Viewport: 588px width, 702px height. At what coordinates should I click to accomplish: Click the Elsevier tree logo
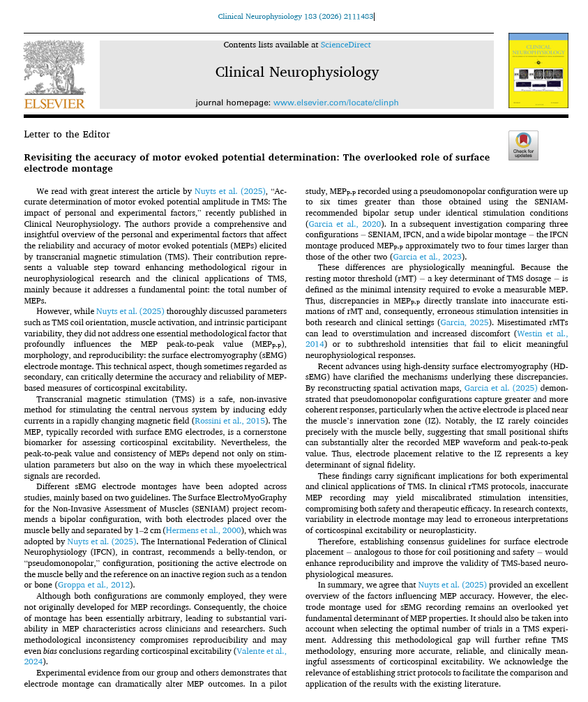pyautogui.click(x=54, y=68)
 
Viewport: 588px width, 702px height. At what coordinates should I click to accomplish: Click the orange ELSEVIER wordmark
pyautogui.click(x=54, y=104)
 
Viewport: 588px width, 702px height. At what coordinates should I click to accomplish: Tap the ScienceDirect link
pyautogui.click(x=345, y=45)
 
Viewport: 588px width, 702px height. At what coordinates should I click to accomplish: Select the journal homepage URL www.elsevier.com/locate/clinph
pyautogui.click(x=336, y=103)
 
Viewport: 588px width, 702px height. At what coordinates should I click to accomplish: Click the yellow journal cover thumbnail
pyautogui.click(x=538, y=70)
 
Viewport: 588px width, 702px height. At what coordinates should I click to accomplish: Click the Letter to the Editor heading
pyautogui.click(x=67, y=135)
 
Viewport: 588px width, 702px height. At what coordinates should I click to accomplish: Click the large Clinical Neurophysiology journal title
pyautogui.click(x=296, y=72)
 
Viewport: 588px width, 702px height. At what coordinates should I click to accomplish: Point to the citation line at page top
pyautogui.click(x=295, y=16)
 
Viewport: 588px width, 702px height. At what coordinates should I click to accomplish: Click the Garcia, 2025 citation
pyautogui.click(x=462, y=322)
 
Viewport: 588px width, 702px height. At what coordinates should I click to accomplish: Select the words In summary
pyautogui.click(x=341, y=585)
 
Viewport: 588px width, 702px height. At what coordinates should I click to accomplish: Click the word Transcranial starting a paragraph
pyautogui.click(x=61, y=399)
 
